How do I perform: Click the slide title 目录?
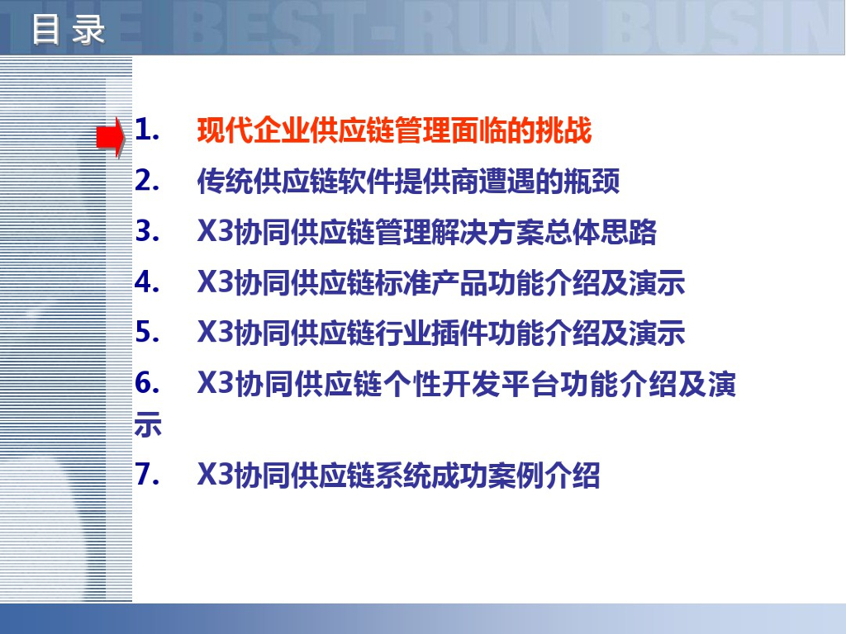(x=69, y=30)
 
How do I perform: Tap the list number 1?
(x=146, y=130)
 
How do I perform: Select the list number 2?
(x=146, y=182)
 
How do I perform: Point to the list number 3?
(x=146, y=233)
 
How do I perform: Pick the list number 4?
(x=146, y=283)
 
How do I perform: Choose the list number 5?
(x=146, y=334)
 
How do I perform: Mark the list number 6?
(x=146, y=384)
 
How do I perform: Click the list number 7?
(x=146, y=475)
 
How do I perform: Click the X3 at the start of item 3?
(x=215, y=234)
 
